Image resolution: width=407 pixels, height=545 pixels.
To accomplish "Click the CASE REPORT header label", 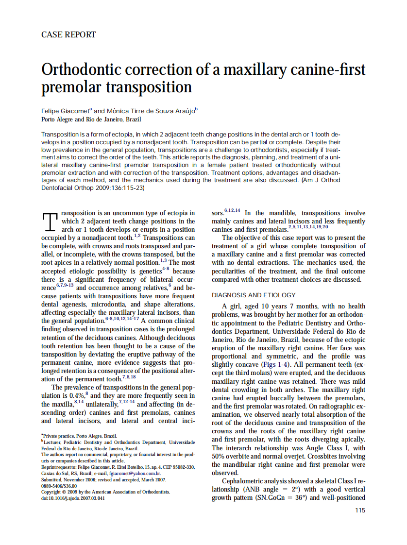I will (x=68, y=34).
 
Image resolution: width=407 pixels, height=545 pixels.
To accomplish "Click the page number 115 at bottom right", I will (x=359, y=510).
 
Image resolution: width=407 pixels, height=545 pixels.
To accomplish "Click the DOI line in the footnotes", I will (x=73, y=498).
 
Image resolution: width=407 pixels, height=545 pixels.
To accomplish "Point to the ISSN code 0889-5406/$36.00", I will (x=59, y=486).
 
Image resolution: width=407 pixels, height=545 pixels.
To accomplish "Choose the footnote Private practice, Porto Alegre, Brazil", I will (x=79, y=436).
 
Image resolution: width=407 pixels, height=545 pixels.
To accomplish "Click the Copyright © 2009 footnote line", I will (x=105, y=492).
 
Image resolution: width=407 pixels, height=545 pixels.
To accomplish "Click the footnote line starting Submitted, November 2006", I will (x=103, y=479).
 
